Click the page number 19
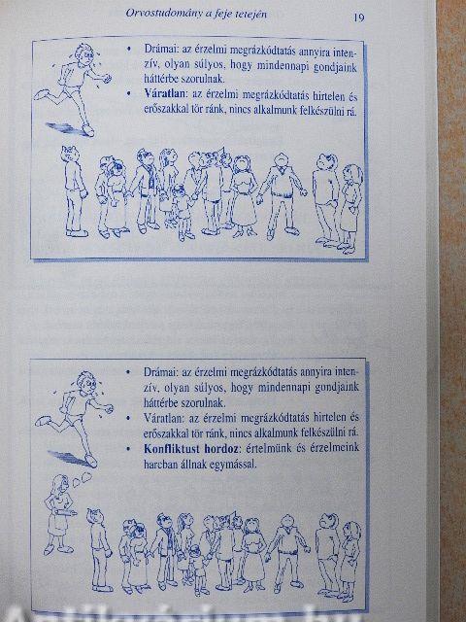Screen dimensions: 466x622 [358, 17]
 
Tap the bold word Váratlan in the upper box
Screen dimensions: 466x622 [164, 94]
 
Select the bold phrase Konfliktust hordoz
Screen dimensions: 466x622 [191, 449]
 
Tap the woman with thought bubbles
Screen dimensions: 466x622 [59, 514]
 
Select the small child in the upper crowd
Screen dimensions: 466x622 [183, 213]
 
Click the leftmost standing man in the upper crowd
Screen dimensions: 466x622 [74, 191]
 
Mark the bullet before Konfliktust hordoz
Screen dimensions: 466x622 [128, 449]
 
